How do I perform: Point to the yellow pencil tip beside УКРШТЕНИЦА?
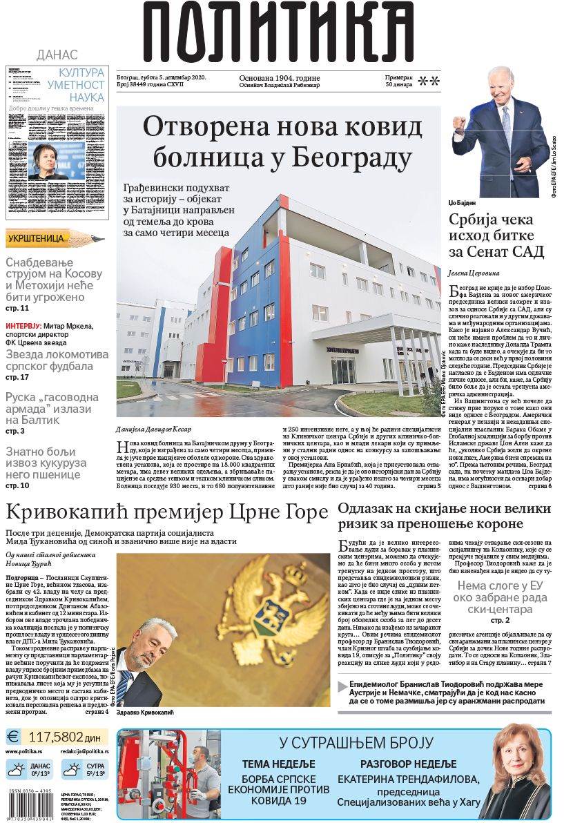click(97, 239)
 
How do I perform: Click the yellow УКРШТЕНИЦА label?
click(36, 239)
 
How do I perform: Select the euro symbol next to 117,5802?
click(14, 736)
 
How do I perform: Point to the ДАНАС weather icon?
click(17, 768)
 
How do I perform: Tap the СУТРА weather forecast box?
click(84, 768)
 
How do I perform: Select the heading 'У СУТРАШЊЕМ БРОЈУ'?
click(356, 743)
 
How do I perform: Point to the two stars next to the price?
click(429, 81)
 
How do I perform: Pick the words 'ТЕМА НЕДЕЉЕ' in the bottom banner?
click(278, 764)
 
